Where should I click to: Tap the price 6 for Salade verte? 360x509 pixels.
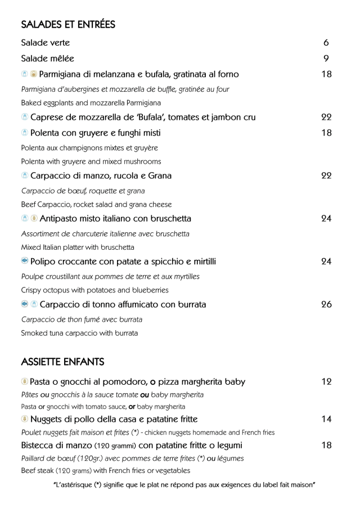[x=326, y=43]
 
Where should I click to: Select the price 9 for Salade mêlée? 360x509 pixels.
[x=326, y=58]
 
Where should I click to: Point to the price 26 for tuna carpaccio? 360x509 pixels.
[x=326, y=304]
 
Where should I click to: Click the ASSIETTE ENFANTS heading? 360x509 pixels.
[x=62, y=361]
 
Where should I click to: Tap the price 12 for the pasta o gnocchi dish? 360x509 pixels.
[x=326, y=382]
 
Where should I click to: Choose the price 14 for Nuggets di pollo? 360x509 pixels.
[x=326, y=419]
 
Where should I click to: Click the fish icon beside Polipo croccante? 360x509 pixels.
[x=25, y=261]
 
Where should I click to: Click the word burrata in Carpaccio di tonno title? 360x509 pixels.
[x=189, y=304]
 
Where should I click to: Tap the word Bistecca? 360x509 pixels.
[x=40, y=445]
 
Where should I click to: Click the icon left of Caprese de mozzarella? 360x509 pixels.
[x=25, y=118]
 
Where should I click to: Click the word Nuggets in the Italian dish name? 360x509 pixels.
[x=48, y=420]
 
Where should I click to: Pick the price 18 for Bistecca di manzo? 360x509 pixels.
[x=326, y=445]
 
